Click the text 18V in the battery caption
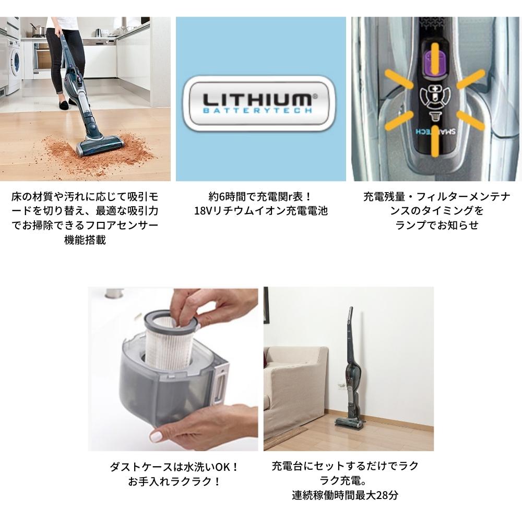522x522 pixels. point(202,211)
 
